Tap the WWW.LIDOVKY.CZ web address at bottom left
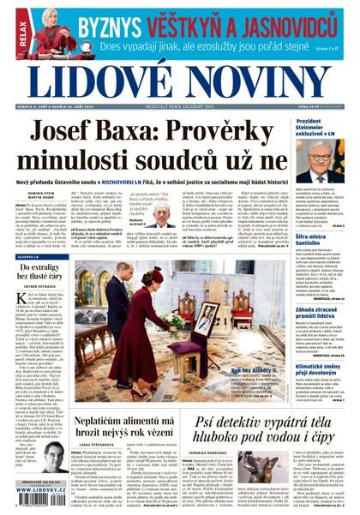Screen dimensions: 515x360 tap(41, 498)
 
